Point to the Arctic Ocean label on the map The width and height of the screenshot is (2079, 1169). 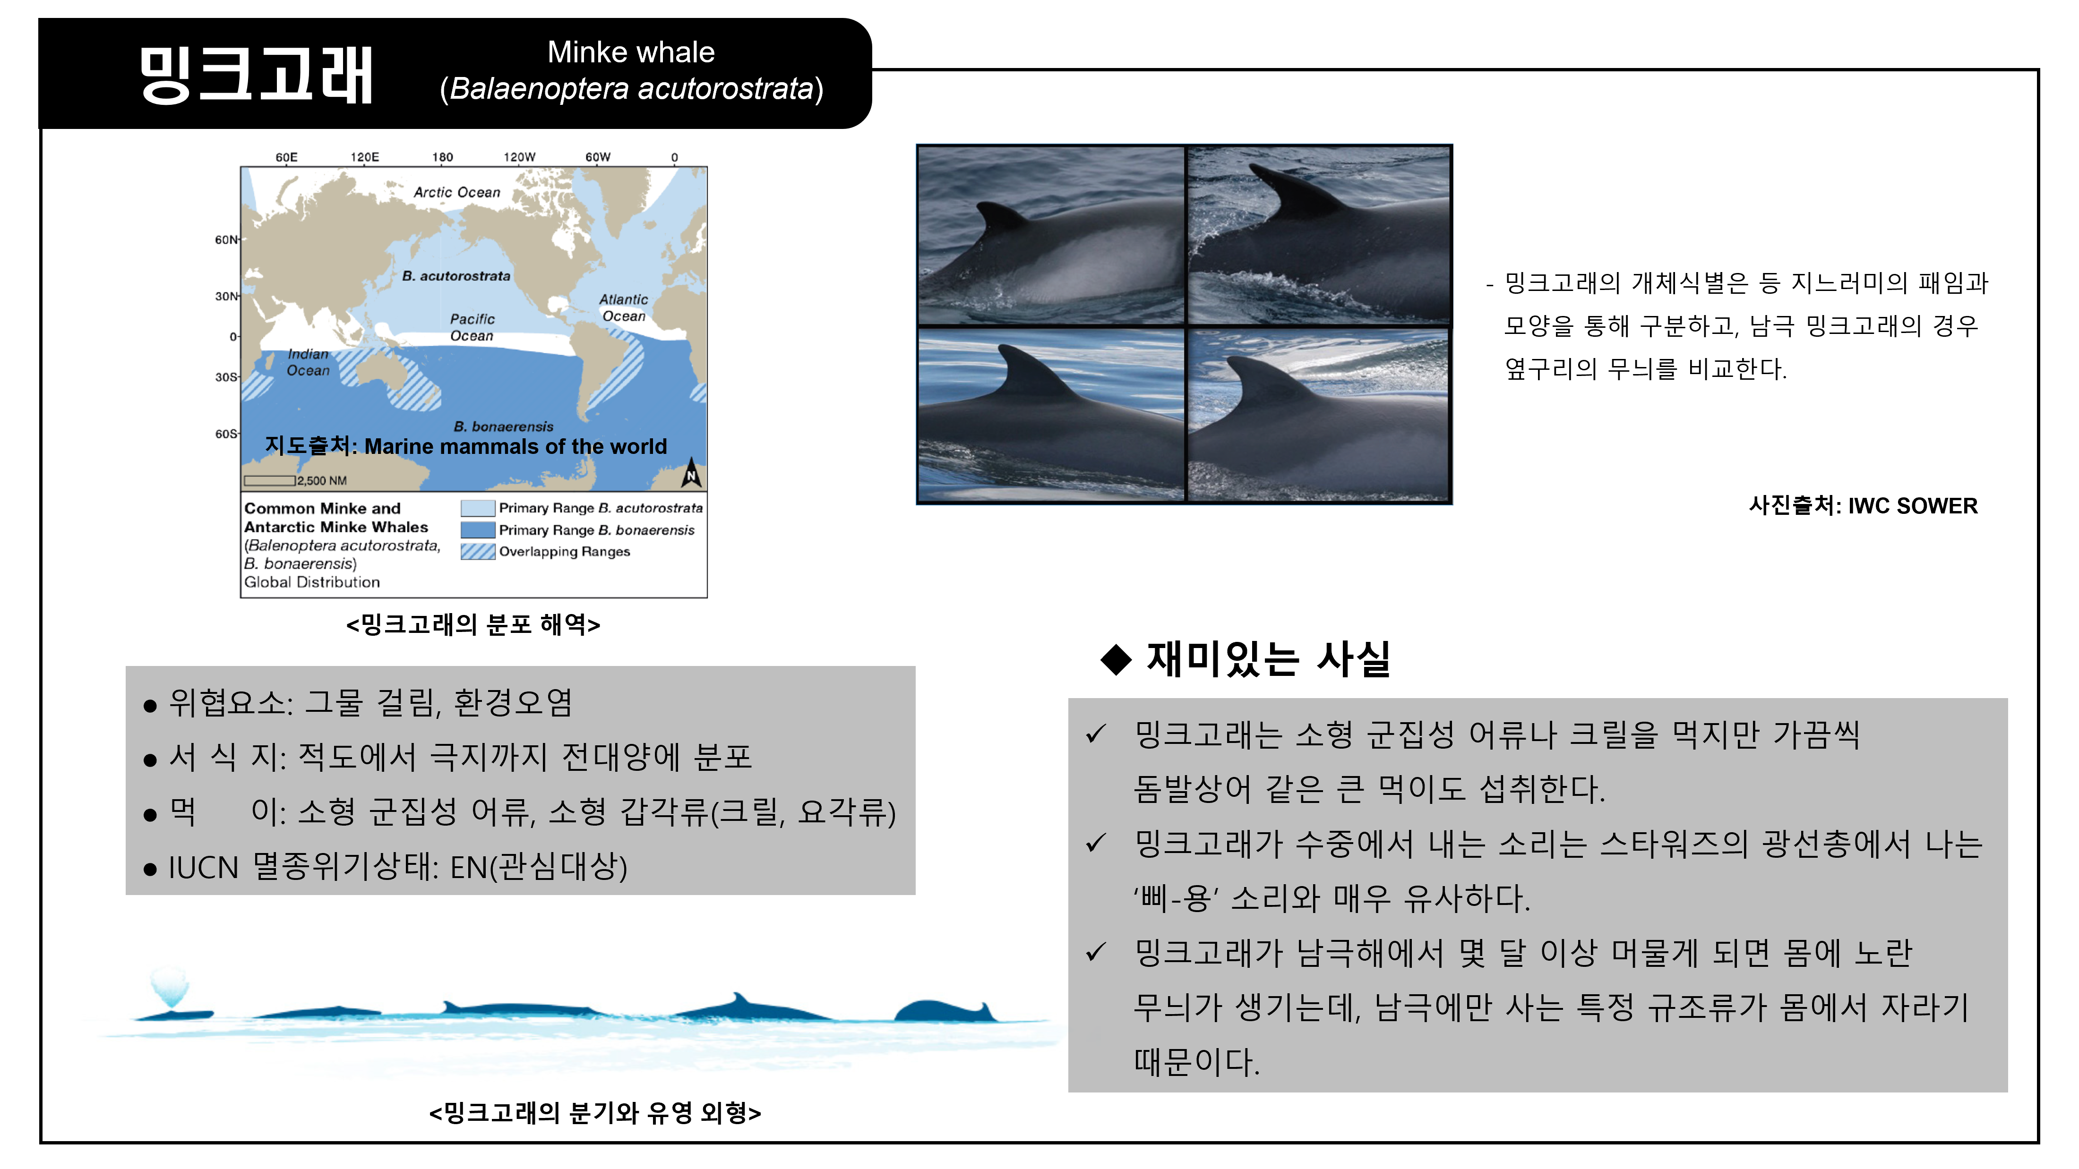pos(457,192)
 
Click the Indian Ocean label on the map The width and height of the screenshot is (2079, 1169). pos(308,362)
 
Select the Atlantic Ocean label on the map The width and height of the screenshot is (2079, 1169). pos(624,307)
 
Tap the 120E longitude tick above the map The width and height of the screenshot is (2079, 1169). pos(365,157)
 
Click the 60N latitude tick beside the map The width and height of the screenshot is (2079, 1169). pos(227,239)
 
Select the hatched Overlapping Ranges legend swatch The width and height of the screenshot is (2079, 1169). pos(478,552)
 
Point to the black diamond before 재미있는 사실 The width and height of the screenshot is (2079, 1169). pos(1116,659)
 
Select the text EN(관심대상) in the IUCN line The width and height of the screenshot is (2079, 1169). pos(538,867)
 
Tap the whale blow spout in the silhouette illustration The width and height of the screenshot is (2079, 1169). pos(170,986)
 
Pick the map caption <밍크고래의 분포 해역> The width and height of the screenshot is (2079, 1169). pos(473,624)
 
